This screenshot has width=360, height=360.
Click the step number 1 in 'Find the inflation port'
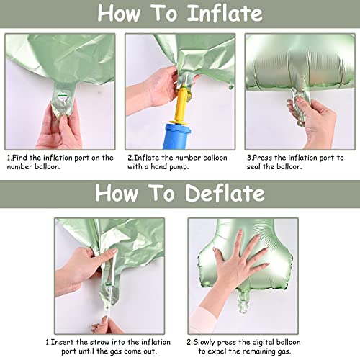tap(9, 157)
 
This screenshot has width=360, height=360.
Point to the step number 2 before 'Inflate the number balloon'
tap(129, 157)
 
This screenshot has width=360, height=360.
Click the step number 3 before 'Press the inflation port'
tap(248, 157)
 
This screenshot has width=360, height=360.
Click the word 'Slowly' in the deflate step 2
tap(204, 341)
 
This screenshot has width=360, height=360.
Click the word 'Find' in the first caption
tap(20, 157)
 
